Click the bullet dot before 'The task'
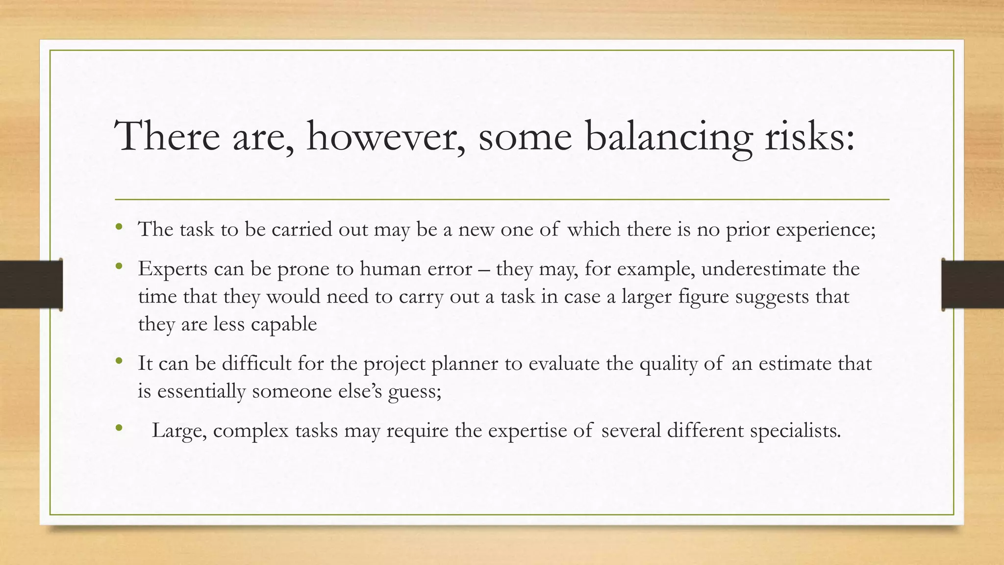119,227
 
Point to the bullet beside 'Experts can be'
119,267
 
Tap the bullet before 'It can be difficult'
119,361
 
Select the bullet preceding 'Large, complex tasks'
119,428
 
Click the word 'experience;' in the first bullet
826,230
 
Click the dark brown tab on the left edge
31,284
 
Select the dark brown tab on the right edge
973,284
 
